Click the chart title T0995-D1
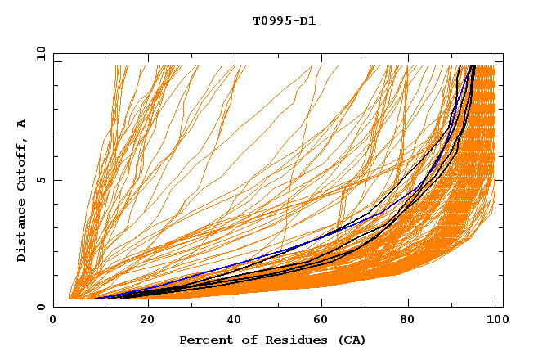pyautogui.click(x=284, y=20)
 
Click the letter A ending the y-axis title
pyautogui.click(x=22, y=123)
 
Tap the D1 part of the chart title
pyautogui.click(x=307, y=20)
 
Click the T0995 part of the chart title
pyautogui.click(x=271, y=20)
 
